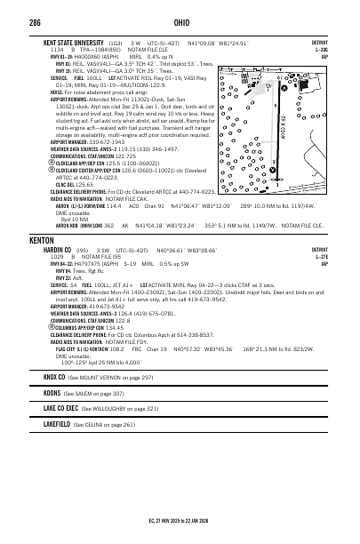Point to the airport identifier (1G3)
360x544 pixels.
[x=115, y=43]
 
